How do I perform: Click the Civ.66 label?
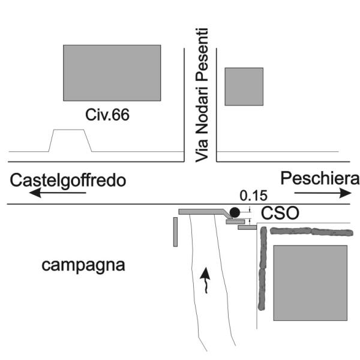point(107,115)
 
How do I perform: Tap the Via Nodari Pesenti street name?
point(202,95)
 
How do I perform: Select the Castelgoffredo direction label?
point(68,181)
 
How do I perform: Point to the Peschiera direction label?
point(320,178)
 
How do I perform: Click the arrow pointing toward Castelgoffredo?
point(58,193)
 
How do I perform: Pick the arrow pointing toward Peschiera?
point(323,193)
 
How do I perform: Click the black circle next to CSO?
point(235,212)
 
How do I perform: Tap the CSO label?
point(280,213)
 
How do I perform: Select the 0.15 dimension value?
point(253,196)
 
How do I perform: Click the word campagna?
point(83,266)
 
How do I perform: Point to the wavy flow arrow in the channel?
point(205,280)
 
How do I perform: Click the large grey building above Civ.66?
point(112,73)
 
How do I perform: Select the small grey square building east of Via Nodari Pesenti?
point(244,86)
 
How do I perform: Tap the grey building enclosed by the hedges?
point(310,283)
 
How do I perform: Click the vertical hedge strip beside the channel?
point(262,269)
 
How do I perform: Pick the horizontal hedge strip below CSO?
point(311,232)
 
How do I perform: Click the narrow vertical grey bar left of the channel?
point(175,232)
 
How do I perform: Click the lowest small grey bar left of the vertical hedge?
point(247,227)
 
